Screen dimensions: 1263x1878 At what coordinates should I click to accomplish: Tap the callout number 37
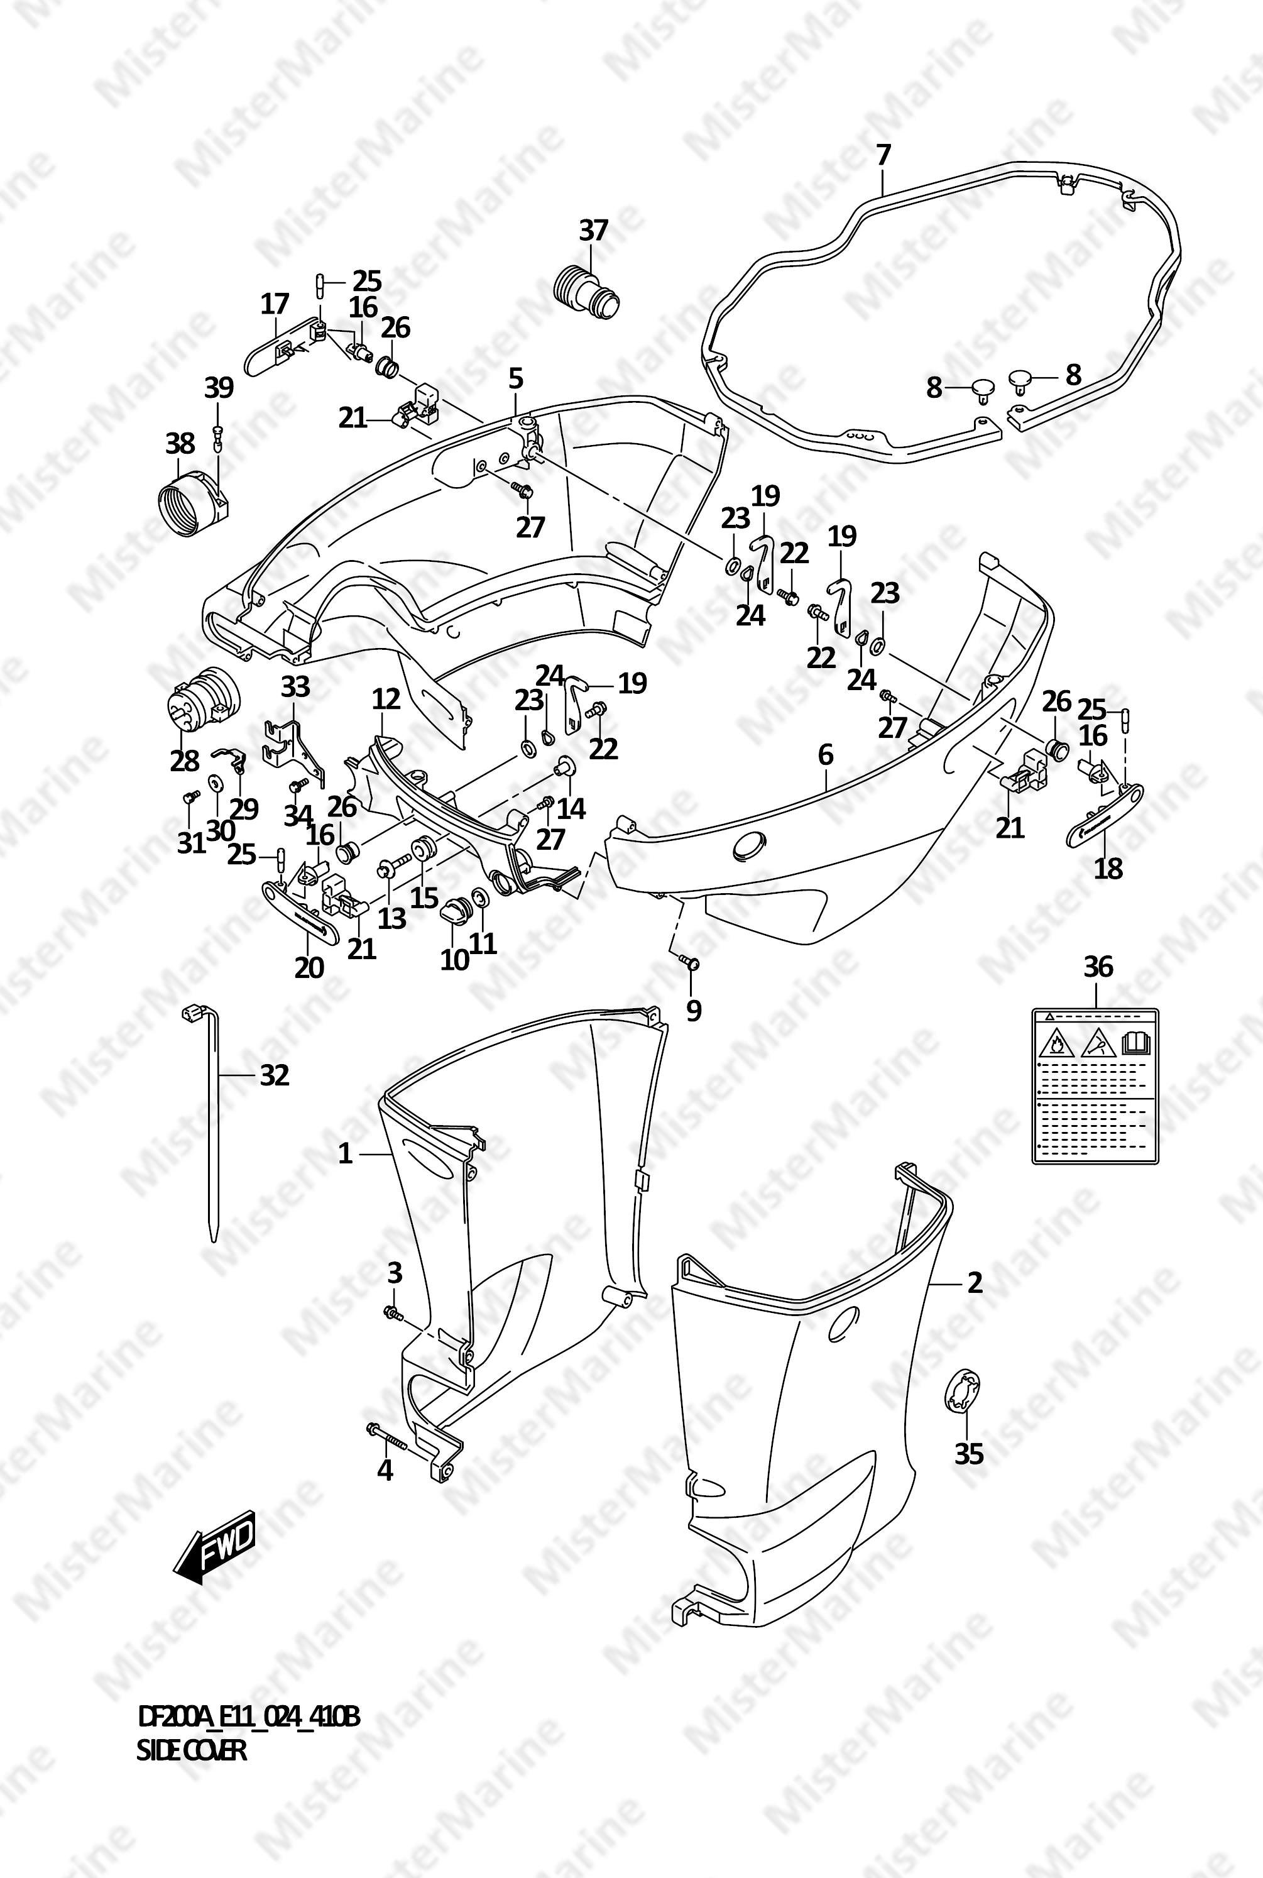[x=594, y=231]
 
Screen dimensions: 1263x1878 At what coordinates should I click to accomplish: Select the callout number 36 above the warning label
[x=1098, y=966]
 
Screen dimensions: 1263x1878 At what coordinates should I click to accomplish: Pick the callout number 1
[x=345, y=1155]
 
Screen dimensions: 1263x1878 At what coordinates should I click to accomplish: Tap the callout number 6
[x=826, y=755]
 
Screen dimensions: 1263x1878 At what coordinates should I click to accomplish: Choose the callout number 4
[x=385, y=1470]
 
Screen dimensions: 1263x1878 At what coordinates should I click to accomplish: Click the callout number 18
[x=1108, y=869]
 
